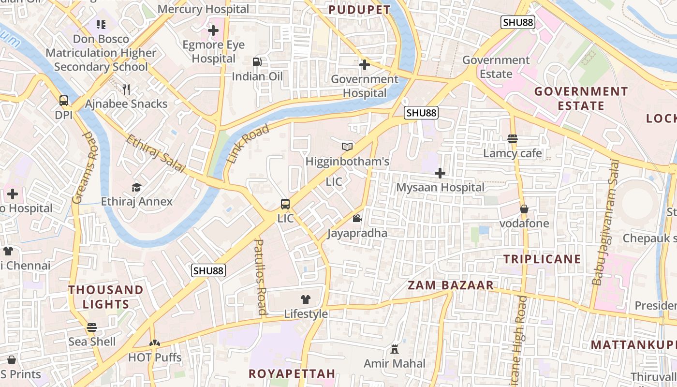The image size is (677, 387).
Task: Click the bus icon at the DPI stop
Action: tap(64, 101)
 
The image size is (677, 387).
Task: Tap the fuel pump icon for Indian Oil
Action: tap(257, 62)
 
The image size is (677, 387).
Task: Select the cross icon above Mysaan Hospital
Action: tap(440, 173)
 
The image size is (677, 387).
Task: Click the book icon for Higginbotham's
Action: tap(347, 147)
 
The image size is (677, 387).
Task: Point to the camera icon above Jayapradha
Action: tap(357, 219)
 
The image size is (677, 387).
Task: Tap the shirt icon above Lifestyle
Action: tap(306, 299)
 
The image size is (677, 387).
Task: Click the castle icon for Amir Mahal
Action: tap(395, 349)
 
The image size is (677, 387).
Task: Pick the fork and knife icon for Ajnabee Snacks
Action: tap(126, 89)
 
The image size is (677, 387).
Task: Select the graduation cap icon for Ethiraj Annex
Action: tap(137, 187)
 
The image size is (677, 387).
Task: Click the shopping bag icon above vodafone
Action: tap(524, 209)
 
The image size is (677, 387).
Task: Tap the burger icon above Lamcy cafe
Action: tap(513, 139)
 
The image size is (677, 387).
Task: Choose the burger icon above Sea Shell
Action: tap(92, 327)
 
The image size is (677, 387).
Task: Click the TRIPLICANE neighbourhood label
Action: tap(542, 259)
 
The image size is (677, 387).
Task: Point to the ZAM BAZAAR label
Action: tap(451, 285)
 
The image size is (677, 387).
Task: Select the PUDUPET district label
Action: tap(359, 10)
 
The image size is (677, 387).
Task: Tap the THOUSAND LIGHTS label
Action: tap(106, 297)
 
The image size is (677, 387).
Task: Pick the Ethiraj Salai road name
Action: tap(156, 154)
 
